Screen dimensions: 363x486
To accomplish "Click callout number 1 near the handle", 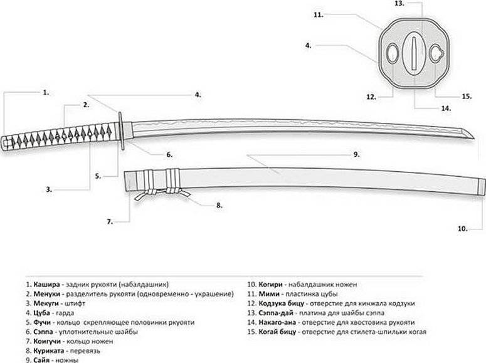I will coord(45,92).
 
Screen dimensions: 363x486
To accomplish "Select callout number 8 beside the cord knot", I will coord(219,204).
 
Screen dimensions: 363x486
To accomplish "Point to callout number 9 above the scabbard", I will coord(356,154).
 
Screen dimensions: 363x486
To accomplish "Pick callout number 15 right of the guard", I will coord(466,96).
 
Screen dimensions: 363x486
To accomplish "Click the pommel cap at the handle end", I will coord(6,141).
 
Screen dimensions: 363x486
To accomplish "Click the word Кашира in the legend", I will coord(48,283).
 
